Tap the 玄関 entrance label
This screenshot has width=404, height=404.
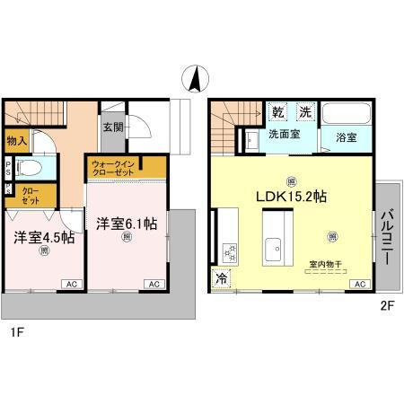click(112, 128)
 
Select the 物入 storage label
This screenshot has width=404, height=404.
click(17, 141)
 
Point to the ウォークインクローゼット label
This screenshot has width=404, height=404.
click(113, 168)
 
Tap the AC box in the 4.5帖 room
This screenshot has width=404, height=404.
click(69, 284)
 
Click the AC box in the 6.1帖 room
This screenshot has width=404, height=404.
click(154, 284)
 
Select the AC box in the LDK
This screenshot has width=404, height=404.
click(359, 284)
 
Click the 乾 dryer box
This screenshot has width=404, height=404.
click(278, 113)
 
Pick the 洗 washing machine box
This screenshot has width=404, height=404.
click(304, 113)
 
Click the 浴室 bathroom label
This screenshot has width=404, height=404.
click(347, 138)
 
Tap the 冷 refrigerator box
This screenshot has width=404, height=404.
click(221, 278)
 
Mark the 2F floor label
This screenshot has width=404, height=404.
click(388, 305)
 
